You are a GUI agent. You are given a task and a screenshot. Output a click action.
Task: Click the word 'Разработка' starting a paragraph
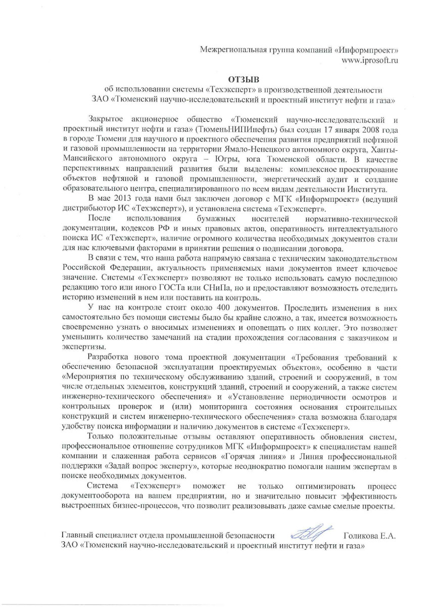(x=108, y=357)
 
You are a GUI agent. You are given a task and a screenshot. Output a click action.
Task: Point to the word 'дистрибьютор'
(x=86, y=208)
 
